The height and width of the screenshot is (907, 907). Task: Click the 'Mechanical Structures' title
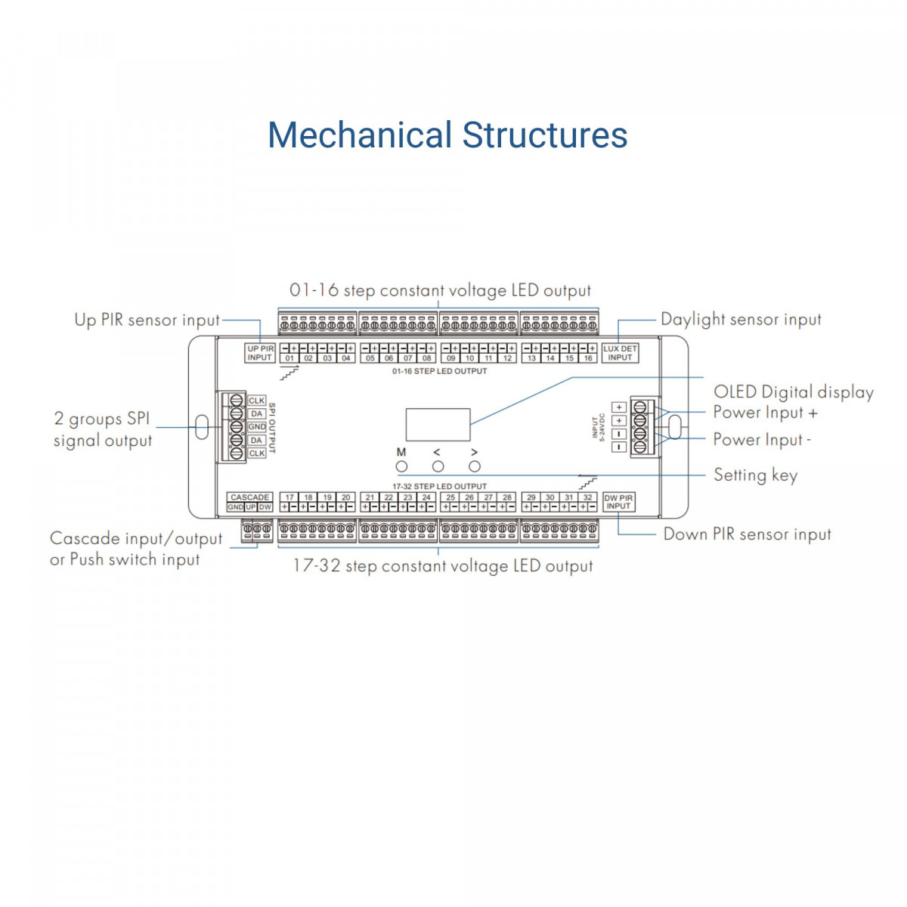[447, 135]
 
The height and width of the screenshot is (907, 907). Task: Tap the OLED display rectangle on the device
[438, 425]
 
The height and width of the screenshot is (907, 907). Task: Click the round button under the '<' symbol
[438, 466]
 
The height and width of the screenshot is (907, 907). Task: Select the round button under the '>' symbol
[475, 466]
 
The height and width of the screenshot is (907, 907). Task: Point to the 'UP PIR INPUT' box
[260, 353]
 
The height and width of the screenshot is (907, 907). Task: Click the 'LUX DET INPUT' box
[620, 353]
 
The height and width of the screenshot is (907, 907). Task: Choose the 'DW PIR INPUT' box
[618, 502]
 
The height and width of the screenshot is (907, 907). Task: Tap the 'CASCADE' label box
[249, 497]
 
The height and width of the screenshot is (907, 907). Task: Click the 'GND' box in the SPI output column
[257, 427]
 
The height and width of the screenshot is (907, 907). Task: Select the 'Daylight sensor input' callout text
[741, 320]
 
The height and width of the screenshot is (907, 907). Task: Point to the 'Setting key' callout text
[755, 475]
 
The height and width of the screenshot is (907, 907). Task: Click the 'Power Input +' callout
[765, 413]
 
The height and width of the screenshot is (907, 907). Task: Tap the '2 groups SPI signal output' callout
[103, 429]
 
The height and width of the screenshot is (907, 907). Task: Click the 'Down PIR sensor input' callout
[747, 534]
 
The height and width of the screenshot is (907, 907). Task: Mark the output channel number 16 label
[588, 358]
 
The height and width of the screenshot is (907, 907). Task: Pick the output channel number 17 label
[289, 497]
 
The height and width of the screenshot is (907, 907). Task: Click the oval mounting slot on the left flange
[202, 427]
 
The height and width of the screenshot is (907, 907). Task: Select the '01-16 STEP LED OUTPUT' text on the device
[439, 371]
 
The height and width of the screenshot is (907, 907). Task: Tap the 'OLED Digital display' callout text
[794, 392]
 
